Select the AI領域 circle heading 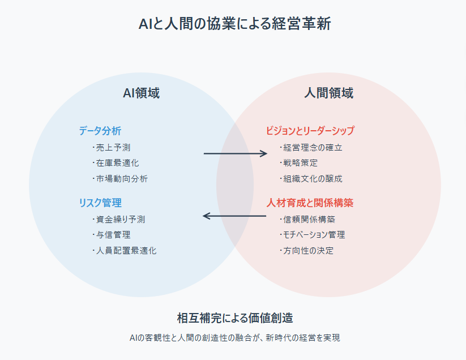click(141, 93)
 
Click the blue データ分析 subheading click(100, 131)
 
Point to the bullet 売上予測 click(114, 148)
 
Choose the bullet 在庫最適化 click(117, 163)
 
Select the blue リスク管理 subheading click(100, 203)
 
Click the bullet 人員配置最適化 click(126, 250)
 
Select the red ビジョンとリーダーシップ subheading click(310, 131)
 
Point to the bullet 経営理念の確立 click(313, 148)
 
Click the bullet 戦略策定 click(301, 163)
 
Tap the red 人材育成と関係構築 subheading click(310, 203)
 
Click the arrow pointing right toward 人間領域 click(235, 153)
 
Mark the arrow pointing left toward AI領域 click(234, 216)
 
